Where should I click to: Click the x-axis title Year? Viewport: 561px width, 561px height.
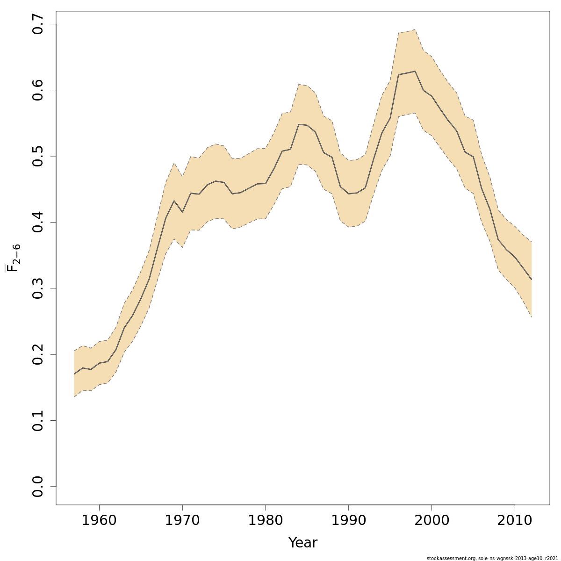click(x=302, y=543)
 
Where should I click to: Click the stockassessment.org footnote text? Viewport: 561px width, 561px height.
click(x=493, y=558)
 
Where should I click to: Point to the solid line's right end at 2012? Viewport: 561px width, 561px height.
click(x=532, y=279)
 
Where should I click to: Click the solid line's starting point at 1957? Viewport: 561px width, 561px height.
click(x=74, y=374)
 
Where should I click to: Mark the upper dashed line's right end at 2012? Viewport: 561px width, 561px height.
click(x=532, y=242)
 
